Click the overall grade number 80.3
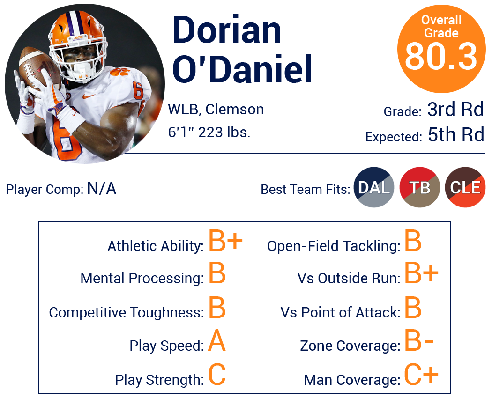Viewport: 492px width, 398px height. tap(441, 57)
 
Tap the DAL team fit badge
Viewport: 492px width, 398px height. tap(374, 187)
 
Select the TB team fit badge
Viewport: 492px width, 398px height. tap(419, 187)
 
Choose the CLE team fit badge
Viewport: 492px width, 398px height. tap(465, 187)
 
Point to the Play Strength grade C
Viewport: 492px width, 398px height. tap(217, 375)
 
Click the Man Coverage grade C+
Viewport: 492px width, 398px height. tap(421, 374)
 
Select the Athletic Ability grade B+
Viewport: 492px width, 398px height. tap(225, 241)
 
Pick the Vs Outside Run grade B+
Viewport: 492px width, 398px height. tap(421, 273)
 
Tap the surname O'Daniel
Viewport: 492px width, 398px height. tap(242, 69)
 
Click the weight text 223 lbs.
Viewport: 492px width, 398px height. tap(224, 132)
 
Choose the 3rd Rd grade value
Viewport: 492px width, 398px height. tap(455, 110)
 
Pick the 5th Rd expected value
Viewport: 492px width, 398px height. tap(456, 134)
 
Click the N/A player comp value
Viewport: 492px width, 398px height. tap(102, 189)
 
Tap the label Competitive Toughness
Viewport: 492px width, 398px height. tap(127, 312)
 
